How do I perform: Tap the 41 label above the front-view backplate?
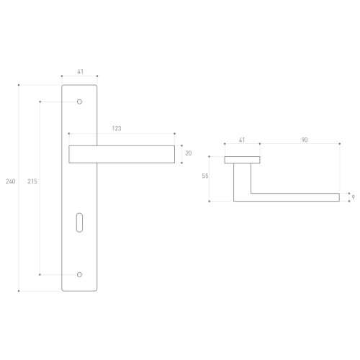click(x=79, y=72)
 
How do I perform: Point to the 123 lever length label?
click(x=116, y=127)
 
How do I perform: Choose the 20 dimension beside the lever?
click(x=189, y=153)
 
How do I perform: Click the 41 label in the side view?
click(x=242, y=140)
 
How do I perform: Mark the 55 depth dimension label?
click(x=205, y=176)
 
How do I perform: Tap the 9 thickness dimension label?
click(x=353, y=195)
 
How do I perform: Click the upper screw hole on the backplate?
click(x=80, y=102)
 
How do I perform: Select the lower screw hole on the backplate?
click(x=80, y=274)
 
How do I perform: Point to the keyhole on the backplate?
click(x=80, y=225)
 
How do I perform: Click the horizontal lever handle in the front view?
click(x=121, y=154)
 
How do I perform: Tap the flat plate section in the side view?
click(x=242, y=159)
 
